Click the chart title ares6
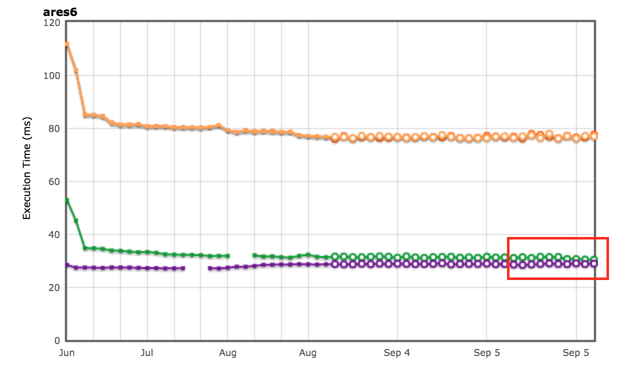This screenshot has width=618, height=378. click(x=59, y=12)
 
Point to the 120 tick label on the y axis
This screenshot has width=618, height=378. click(x=51, y=22)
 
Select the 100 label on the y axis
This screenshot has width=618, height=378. click(x=51, y=75)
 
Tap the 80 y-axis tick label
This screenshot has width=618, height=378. click(x=54, y=128)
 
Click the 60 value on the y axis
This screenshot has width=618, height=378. click(x=54, y=181)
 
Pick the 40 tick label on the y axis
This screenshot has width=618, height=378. click(x=54, y=234)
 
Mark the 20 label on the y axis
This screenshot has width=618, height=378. click(x=54, y=287)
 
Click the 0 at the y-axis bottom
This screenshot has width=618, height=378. click(x=56, y=340)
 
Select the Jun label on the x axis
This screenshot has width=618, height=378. click(x=66, y=353)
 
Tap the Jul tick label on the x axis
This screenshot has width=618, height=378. click(x=147, y=353)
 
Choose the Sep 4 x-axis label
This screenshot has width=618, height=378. click(x=397, y=353)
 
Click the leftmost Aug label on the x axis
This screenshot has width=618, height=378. click(x=227, y=353)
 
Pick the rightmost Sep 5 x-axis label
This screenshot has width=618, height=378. click(x=575, y=353)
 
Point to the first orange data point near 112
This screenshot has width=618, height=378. click(x=66, y=44)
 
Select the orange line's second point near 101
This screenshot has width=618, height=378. click(x=76, y=71)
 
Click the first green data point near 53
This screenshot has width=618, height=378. click(x=66, y=200)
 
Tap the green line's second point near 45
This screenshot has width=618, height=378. click(x=76, y=220)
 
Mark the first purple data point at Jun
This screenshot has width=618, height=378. click(x=66, y=265)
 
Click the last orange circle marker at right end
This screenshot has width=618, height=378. click(x=594, y=135)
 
